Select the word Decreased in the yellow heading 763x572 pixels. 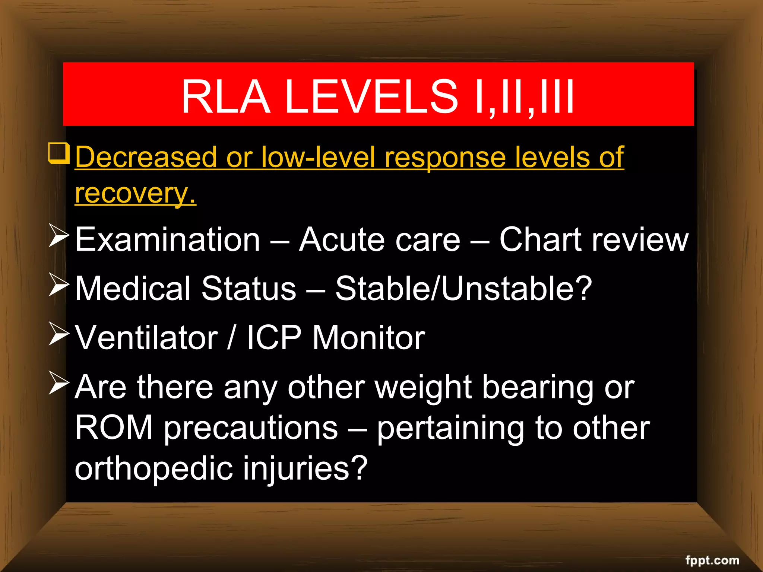coord(146,158)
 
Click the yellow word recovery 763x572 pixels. coord(135,194)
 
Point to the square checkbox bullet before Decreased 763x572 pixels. coord(58,153)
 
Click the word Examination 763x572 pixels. coord(167,240)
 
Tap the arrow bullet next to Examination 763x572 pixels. coord(58,237)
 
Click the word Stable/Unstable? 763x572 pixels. coord(463,289)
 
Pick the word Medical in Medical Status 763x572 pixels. coord(133,289)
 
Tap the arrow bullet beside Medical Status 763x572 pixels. coord(58,286)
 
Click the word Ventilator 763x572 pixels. coord(146,338)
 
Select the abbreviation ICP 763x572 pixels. coord(274,338)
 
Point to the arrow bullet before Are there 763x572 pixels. coord(58,384)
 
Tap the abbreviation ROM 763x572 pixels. coord(114,428)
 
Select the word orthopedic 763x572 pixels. coord(153,468)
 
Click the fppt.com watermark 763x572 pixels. coord(712,560)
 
